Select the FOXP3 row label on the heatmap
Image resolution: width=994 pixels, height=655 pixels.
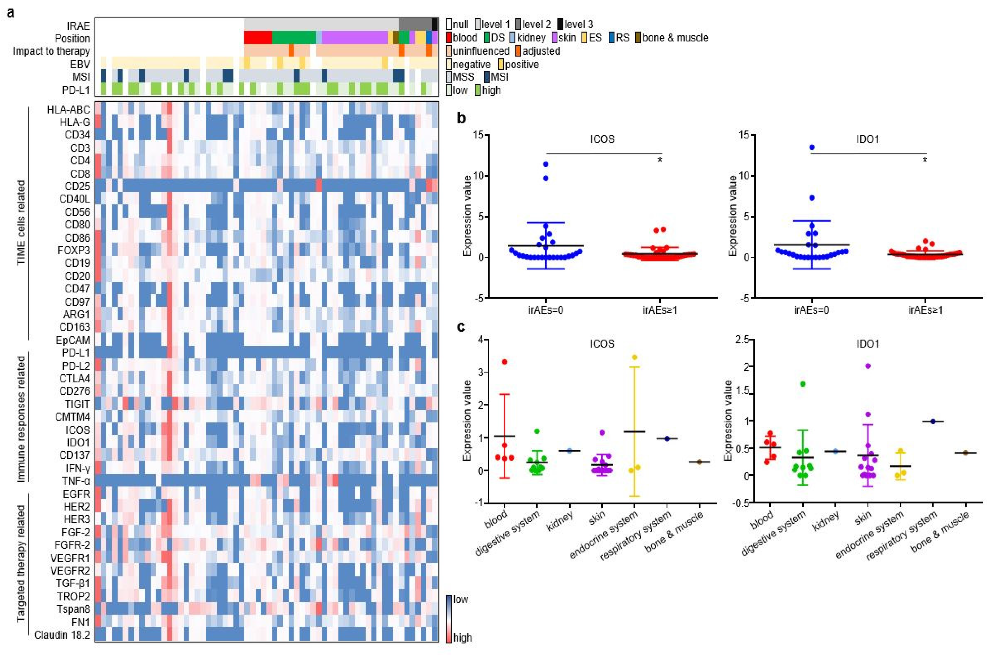click(x=73, y=250)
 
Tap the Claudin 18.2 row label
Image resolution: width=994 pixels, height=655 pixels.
click(x=62, y=635)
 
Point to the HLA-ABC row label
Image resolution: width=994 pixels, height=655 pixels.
click(x=68, y=109)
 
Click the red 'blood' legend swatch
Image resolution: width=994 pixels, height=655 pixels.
click(x=449, y=38)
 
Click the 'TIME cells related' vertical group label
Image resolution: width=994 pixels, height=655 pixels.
click(x=21, y=222)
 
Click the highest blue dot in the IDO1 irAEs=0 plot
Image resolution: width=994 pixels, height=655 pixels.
click(x=812, y=147)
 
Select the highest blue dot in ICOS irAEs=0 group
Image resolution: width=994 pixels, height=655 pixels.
click(x=545, y=164)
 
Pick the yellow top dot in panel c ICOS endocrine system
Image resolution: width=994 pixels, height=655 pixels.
click(x=634, y=357)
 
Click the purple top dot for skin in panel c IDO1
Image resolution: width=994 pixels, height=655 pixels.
click(x=867, y=366)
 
